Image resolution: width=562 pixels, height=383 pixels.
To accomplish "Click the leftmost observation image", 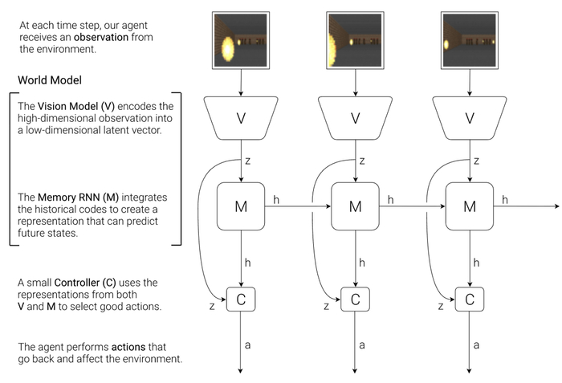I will click(241, 39).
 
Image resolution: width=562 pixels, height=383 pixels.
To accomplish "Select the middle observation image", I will click(356, 39).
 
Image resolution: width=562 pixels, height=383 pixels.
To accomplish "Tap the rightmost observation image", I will click(470, 39).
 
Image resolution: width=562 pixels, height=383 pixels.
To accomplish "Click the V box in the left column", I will click(241, 118).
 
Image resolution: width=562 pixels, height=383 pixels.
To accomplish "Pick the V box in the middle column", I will click(356, 118).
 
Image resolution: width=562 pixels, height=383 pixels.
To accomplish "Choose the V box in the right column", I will click(470, 118).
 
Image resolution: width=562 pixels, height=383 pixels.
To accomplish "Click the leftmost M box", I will click(241, 206).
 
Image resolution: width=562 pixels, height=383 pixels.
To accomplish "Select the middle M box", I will click(356, 206).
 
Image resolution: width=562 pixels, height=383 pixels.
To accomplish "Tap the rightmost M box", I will click(470, 206).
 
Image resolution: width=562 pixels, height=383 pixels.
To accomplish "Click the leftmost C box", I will click(241, 299).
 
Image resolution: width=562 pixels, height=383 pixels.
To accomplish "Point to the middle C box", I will click(356, 299).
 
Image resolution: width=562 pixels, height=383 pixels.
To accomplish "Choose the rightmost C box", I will click(470, 299).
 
